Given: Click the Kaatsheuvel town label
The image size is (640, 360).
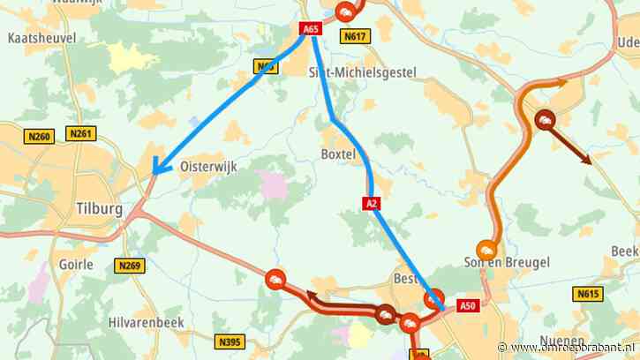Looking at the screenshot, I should (x=41, y=39).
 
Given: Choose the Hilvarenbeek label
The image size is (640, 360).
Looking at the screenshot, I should (x=145, y=322).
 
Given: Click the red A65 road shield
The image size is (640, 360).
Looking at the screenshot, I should (x=310, y=29).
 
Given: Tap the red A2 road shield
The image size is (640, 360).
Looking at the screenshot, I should (x=372, y=204).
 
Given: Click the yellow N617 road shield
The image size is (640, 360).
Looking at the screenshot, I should (x=356, y=36).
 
